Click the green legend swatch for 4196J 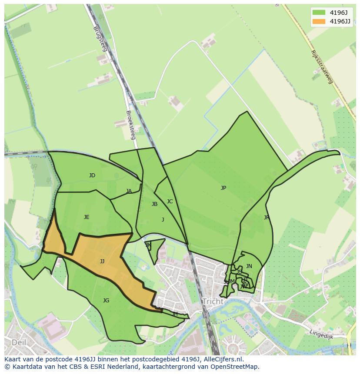(318, 13)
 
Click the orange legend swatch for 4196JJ (318, 21)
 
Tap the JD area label (92, 175)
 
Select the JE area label (87, 217)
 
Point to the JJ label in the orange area (102, 261)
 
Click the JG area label (106, 301)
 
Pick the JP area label (223, 188)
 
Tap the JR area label (267, 218)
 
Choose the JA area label (129, 191)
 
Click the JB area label (154, 204)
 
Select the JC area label (170, 202)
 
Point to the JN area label (249, 266)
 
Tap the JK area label (148, 245)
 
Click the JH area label (175, 314)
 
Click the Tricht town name (213, 301)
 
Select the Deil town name (19, 342)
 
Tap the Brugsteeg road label (100, 39)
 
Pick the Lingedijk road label (322, 334)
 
